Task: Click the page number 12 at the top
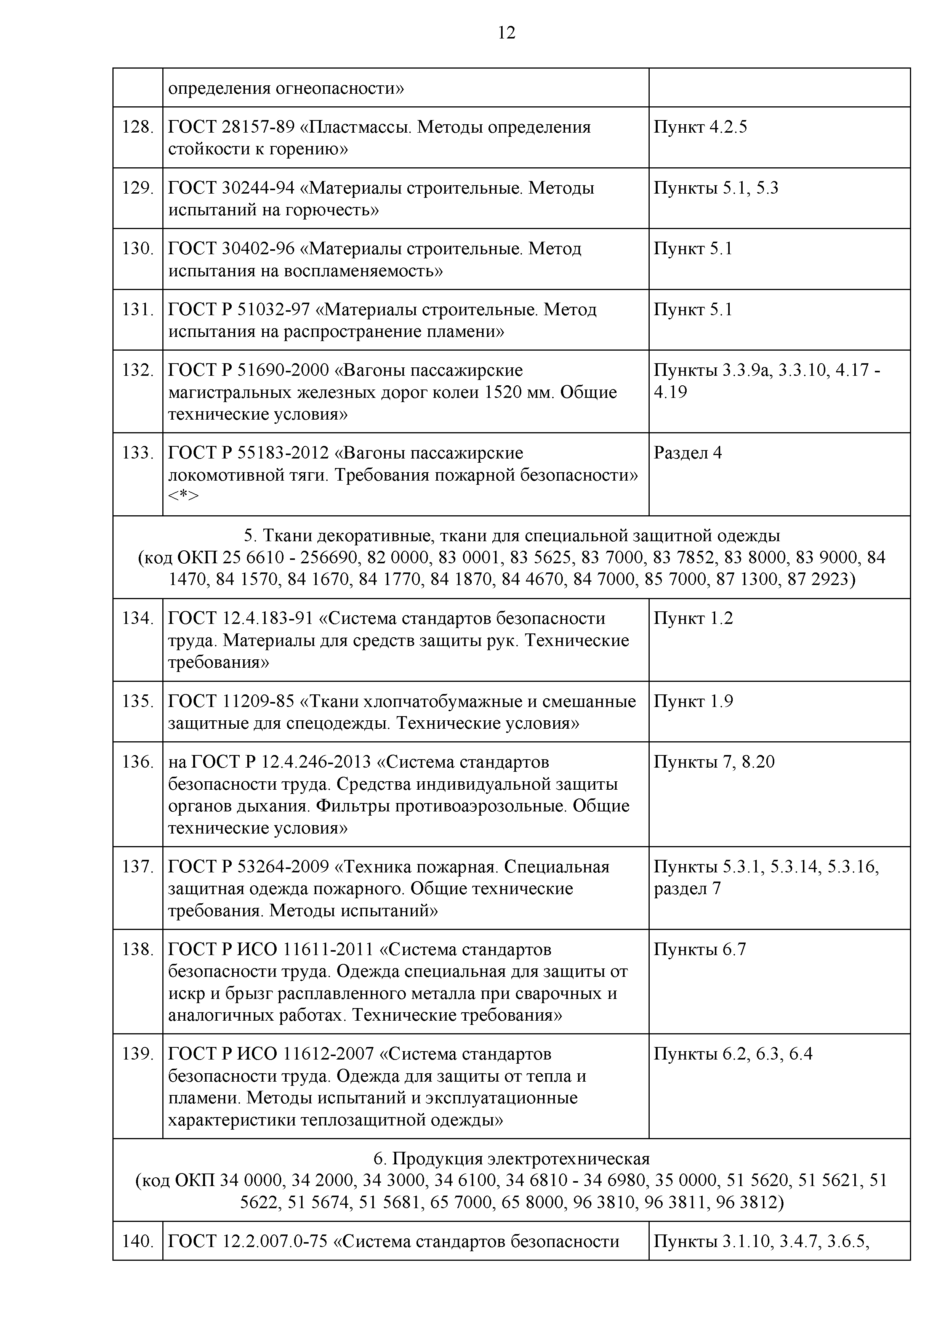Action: (506, 33)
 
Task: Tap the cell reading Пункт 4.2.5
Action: (700, 127)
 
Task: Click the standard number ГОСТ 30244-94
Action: (231, 188)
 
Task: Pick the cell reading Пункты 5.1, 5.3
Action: (716, 188)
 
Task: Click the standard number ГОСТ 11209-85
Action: (231, 702)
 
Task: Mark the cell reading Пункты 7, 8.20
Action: (714, 761)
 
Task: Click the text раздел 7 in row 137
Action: (687, 889)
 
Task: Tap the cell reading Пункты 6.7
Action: (699, 950)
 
